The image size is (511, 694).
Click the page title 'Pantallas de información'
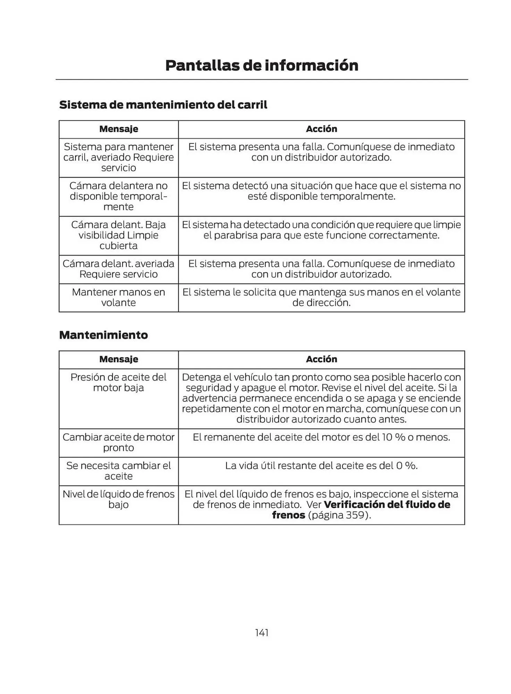pos(261,66)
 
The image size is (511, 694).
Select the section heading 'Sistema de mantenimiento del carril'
pos(163,105)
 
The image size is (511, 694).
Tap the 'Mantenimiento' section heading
pos(103,335)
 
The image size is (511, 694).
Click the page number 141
pos(261,633)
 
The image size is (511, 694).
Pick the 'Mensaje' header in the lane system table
pos(118,129)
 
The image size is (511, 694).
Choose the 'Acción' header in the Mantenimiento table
pos(321,359)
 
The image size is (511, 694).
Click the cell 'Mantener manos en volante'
pos(118,297)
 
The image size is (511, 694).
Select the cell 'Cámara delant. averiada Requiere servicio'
pos(118,269)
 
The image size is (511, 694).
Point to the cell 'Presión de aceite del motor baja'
pos(118,382)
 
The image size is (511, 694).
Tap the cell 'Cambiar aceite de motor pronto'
pos(118,442)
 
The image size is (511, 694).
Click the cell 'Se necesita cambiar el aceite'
pos(118,471)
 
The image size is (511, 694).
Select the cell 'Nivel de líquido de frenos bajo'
pos(118,499)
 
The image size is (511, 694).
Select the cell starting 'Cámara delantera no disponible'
pos(118,196)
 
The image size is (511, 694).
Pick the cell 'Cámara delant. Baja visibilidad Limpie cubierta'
pos(118,235)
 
